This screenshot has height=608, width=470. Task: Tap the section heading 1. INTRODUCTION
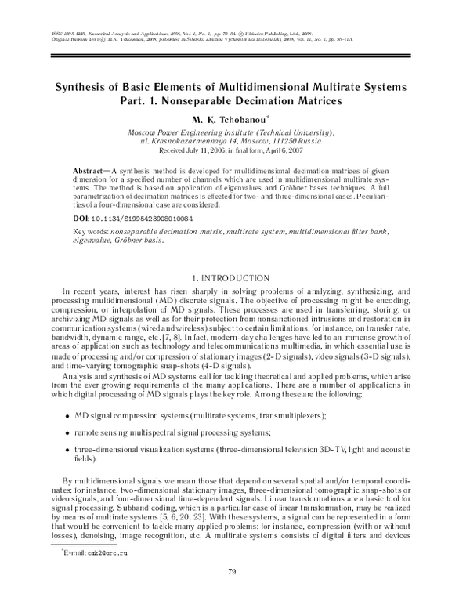(x=234, y=278)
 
